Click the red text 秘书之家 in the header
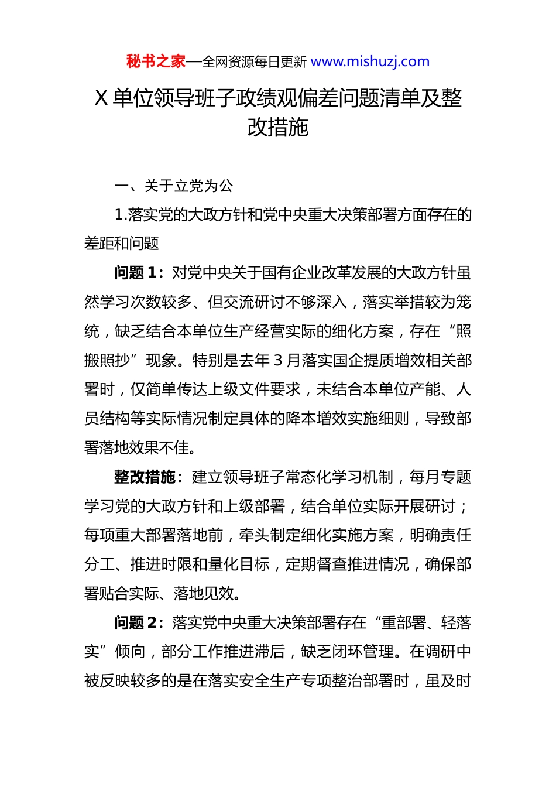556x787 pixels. tap(156, 61)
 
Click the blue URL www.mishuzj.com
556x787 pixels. tap(370, 61)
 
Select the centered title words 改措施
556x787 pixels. tap(278, 127)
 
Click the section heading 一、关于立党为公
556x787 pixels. tap(174, 186)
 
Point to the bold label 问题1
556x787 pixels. tap(136, 273)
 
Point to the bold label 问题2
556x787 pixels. tap(136, 623)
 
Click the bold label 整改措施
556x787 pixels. tap(145, 477)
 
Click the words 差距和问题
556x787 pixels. tap(122, 244)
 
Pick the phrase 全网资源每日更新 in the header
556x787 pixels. tap(254, 62)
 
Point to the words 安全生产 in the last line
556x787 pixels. tap(270, 681)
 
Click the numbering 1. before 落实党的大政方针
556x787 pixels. tap(121, 215)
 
